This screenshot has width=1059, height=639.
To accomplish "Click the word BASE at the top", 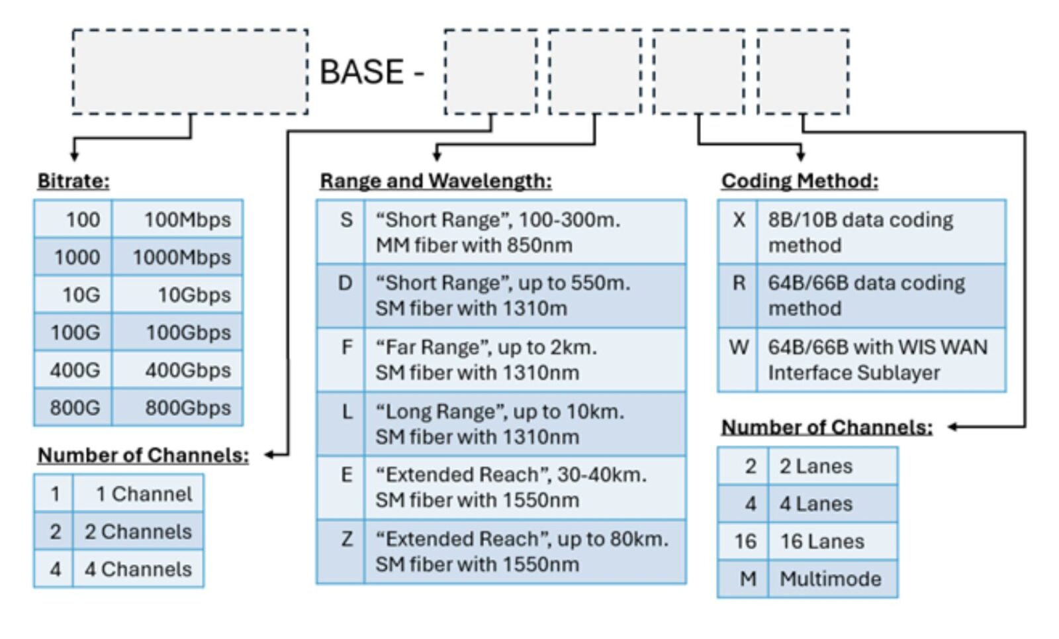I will (361, 72).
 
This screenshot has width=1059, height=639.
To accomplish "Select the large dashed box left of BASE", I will (190, 72).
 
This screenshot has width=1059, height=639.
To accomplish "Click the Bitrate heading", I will (73, 181).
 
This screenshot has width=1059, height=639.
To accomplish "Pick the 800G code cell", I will (74, 407).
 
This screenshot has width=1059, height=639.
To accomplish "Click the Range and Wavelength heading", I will (436, 181).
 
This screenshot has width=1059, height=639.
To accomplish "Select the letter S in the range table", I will (346, 220).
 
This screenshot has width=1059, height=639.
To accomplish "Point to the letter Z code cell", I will (347, 539).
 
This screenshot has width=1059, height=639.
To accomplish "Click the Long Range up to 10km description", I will (500, 424).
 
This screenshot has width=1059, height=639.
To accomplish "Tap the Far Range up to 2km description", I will (486, 360).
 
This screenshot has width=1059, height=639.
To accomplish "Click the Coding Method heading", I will (800, 181).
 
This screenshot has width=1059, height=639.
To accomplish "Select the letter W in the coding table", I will (739, 347).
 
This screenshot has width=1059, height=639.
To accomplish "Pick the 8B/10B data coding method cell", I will (860, 232).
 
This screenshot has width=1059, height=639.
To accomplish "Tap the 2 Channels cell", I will (138, 531).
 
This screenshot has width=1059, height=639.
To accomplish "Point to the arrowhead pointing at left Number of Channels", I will (269, 455).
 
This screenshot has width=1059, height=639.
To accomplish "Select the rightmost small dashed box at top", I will (803, 72).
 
